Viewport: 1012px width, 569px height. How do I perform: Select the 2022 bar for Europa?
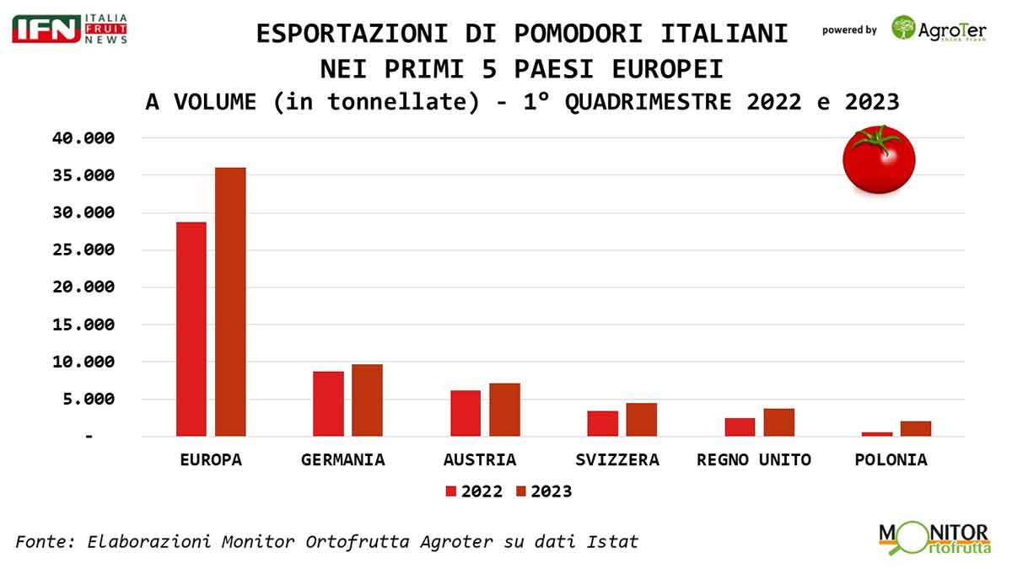[191, 329]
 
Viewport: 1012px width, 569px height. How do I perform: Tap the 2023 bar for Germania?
[367, 400]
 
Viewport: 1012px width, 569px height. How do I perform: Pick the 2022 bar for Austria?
[466, 413]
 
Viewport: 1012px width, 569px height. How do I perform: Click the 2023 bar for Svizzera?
[641, 420]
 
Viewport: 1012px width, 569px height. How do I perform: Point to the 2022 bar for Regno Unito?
[740, 427]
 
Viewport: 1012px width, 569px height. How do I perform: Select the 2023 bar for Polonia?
[916, 428]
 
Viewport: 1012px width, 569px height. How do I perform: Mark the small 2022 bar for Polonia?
[876, 434]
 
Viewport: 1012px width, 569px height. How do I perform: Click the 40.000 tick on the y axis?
[83, 138]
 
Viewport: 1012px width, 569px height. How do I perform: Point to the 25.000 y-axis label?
[83, 250]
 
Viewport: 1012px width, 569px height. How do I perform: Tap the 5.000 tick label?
[88, 400]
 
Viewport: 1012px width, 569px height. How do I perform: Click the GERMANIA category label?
[342, 460]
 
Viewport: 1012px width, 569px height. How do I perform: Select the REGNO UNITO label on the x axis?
[753, 460]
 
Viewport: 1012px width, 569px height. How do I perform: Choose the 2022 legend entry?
[474, 491]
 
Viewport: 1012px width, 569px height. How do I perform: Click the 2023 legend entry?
[543, 491]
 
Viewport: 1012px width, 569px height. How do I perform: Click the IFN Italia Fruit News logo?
[69, 29]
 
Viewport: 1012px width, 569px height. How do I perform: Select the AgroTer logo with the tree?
[939, 30]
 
